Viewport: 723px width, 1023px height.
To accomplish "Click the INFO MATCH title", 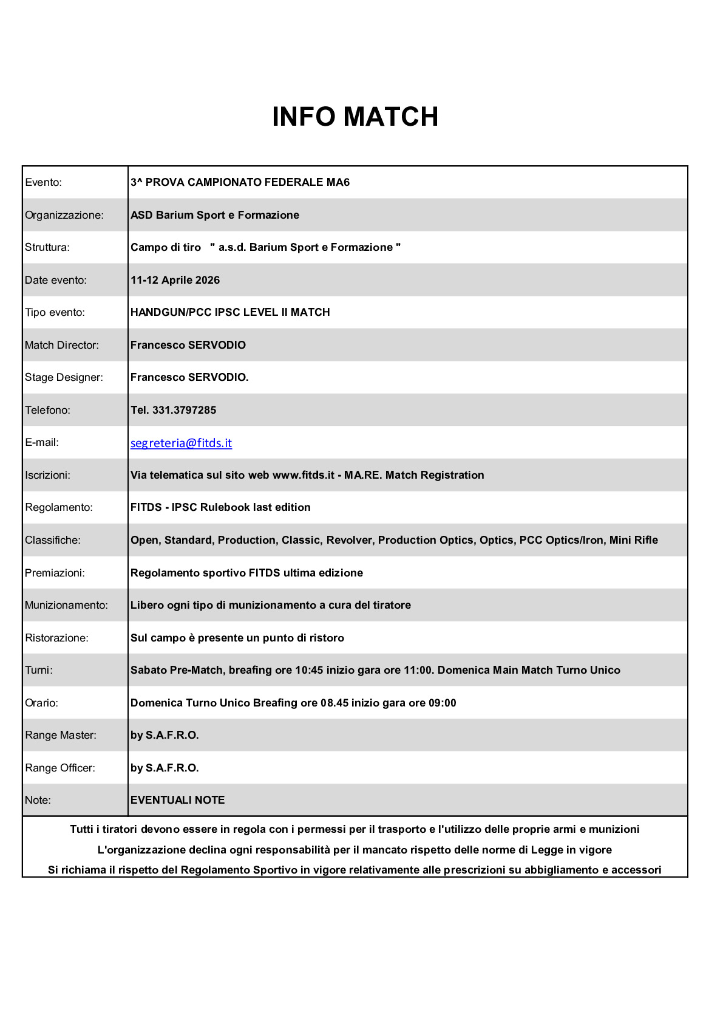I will [355, 117].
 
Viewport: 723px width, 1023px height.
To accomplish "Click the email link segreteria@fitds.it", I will [181, 443].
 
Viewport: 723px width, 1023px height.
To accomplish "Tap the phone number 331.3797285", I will [184, 410].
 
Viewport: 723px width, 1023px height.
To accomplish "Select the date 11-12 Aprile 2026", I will [175, 280].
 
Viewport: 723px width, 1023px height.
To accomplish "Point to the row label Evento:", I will [43, 182].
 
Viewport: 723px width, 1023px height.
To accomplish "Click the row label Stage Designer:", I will [64, 377].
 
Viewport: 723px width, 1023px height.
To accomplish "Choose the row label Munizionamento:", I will [66, 605].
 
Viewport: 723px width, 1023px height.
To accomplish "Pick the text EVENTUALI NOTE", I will [177, 800].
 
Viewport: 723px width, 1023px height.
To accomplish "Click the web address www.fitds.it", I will [303, 475].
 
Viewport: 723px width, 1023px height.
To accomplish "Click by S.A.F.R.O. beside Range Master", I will [165, 735].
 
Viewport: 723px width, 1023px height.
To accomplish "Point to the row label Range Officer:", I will [60, 768].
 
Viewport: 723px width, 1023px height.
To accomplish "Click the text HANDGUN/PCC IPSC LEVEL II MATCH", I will [230, 312].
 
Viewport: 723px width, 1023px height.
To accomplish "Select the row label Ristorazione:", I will [56, 638].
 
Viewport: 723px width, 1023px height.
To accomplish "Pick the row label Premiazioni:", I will [55, 573].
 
